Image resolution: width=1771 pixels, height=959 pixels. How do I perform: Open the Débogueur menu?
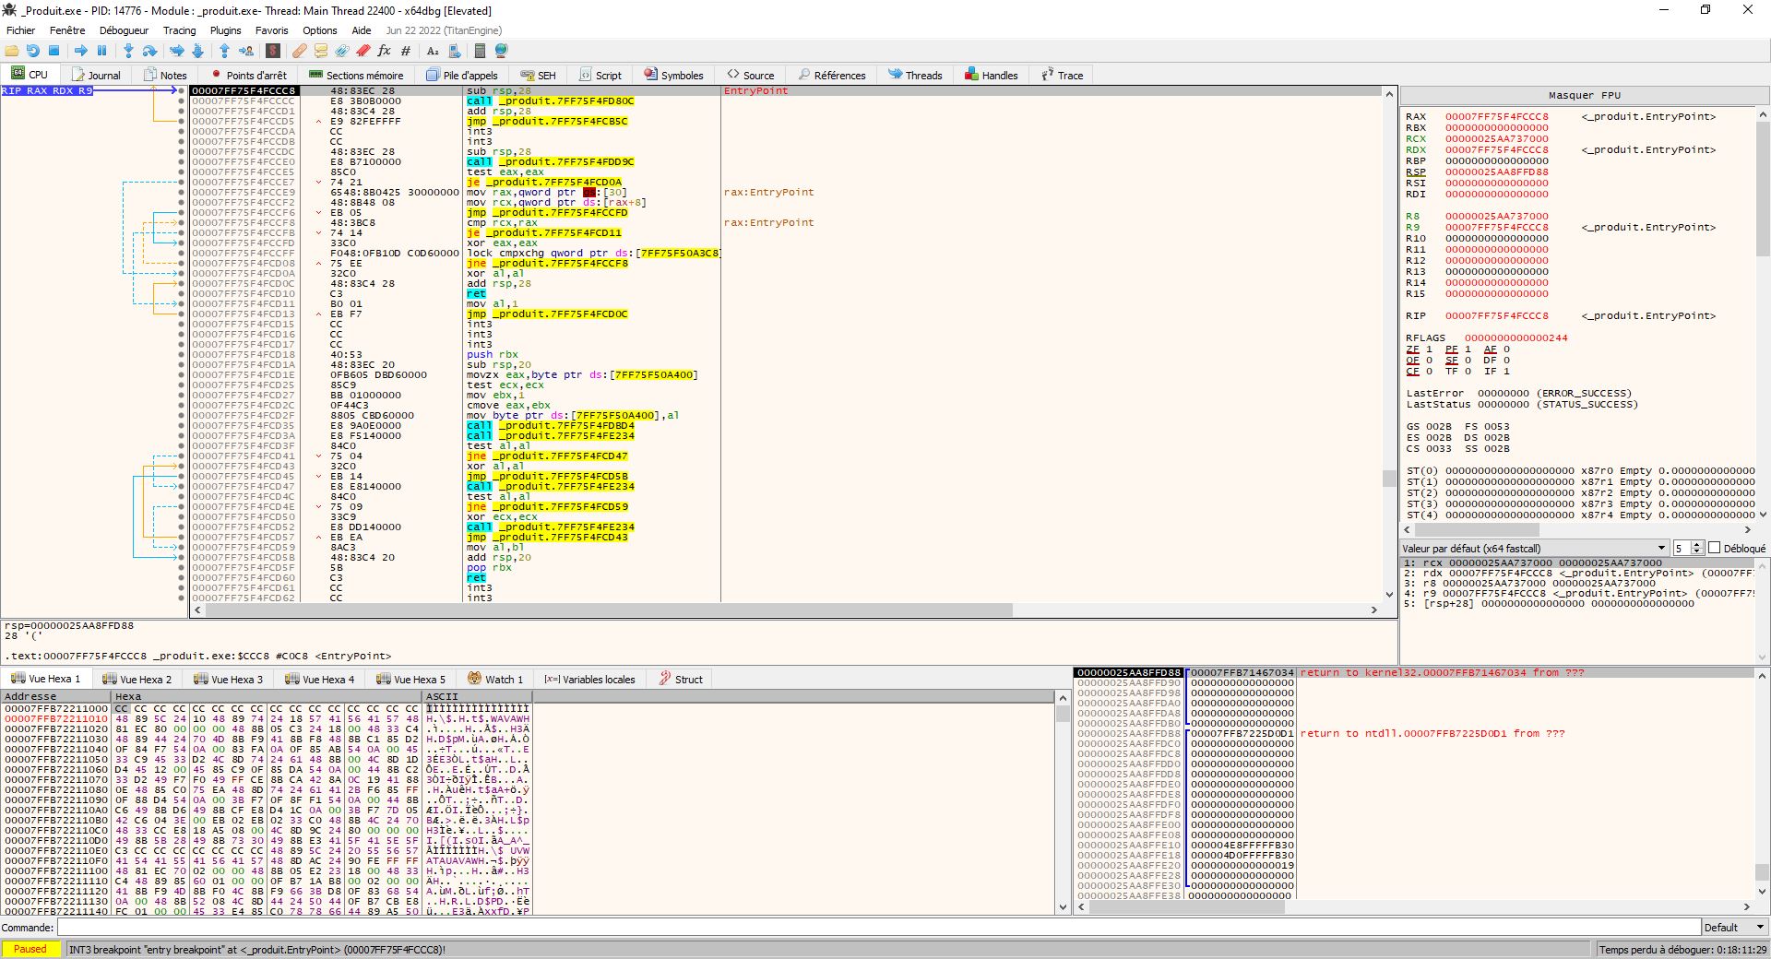click(124, 30)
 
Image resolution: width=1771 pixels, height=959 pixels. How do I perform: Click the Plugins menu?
click(225, 30)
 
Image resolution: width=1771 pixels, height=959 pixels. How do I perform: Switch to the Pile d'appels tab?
click(462, 76)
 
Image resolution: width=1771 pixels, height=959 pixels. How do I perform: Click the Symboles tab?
click(674, 76)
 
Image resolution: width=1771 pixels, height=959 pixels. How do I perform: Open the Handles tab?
click(992, 76)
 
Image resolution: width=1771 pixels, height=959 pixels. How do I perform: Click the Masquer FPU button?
click(1584, 95)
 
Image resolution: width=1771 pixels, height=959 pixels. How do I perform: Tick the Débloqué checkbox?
click(1715, 548)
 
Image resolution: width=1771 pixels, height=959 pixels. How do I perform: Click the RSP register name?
click(1415, 172)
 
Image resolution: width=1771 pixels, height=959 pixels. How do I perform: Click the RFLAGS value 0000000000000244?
click(1515, 338)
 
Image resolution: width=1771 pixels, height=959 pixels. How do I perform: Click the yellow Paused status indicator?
click(30, 949)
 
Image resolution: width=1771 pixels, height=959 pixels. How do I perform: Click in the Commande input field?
click(876, 928)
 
